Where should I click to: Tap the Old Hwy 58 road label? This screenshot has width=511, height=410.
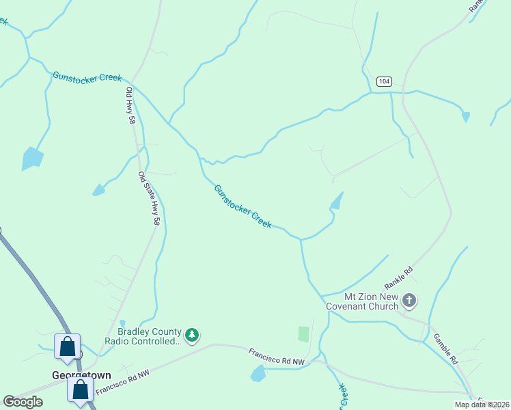(130, 105)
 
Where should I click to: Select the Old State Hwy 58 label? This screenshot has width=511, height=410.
(149, 198)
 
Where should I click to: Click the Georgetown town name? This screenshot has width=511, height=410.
(81, 375)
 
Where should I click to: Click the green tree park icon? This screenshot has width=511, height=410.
(194, 334)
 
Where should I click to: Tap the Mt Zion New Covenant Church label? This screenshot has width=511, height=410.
(371, 301)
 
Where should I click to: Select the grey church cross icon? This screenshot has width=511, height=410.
(409, 300)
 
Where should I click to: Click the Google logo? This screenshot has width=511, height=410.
(23, 401)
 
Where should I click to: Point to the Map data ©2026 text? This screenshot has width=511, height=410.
(482, 405)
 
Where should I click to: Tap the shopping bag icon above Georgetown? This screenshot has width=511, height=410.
(68, 346)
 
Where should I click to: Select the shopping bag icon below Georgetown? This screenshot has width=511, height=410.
(80, 390)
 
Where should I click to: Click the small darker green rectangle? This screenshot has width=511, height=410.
(303, 334)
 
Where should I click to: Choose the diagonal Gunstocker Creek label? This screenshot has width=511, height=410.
(243, 206)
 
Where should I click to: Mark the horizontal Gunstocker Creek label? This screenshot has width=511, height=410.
(87, 77)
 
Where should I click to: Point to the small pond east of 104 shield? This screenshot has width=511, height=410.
(466, 117)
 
